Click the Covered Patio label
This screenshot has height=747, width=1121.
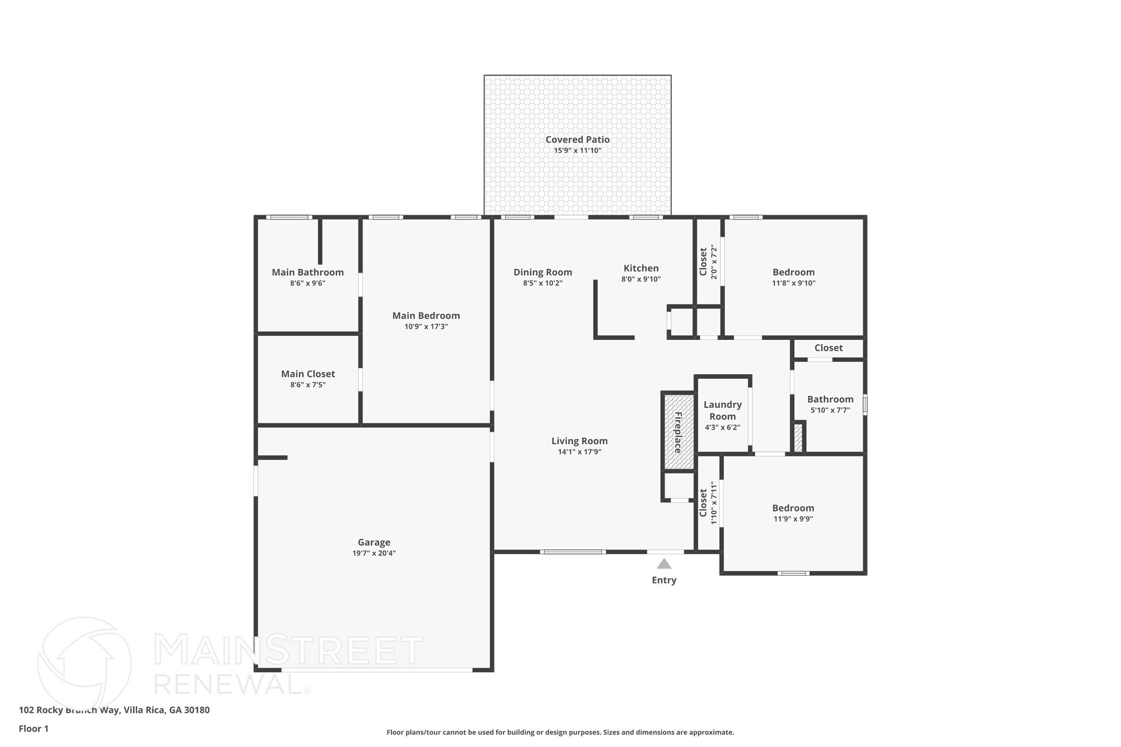click(x=577, y=140)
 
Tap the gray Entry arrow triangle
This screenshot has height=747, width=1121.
click(x=664, y=564)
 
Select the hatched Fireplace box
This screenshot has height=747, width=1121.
click(x=678, y=431)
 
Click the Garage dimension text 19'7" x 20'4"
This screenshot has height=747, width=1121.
click(x=374, y=553)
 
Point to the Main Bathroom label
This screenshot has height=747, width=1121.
click(x=308, y=272)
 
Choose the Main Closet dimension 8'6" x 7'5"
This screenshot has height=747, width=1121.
click(x=308, y=385)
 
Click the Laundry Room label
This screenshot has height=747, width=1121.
click(x=723, y=410)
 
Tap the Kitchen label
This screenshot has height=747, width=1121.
click(x=641, y=268)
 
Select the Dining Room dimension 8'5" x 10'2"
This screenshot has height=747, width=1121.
click(x=542, y=283)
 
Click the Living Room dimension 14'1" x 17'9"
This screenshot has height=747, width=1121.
click(x=579, y=451)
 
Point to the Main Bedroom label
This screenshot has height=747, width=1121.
click(x=426, y=315)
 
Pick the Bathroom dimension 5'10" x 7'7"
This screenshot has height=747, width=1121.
click(x=830, y=410)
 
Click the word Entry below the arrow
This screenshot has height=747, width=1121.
click(x=664, y=580)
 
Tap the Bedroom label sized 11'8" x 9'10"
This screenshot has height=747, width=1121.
click(x=793, y=272)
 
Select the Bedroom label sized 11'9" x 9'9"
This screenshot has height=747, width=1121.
click(x=793, y=508)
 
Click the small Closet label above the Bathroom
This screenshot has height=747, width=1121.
click(x=828, y=348)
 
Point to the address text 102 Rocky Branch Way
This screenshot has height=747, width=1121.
click(x=69, y=710)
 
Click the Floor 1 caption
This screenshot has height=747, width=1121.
click(x=33, y=728)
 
